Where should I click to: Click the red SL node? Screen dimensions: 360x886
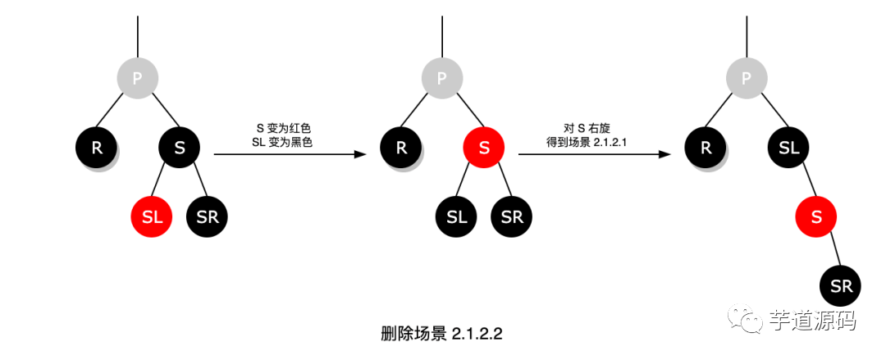click(152, 217)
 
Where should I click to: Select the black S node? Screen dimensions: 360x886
click(180, 148)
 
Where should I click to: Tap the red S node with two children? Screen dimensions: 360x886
click(484, 148)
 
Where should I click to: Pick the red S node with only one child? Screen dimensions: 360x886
click(815, 217)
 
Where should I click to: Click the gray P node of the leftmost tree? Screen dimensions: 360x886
click(138, 78)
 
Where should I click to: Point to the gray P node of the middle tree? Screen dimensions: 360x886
click(442, 78)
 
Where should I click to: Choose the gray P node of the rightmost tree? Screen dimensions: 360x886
click(747, 78)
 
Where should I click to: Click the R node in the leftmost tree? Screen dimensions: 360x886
click(97, 148)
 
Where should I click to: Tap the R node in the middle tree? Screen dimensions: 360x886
click(401, 148)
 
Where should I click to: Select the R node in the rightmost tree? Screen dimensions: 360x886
click(706, 148)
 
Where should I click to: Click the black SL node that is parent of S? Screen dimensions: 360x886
click(788, 148)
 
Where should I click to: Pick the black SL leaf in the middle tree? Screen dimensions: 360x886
click(456, 217)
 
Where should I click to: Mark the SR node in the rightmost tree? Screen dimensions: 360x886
click(841, 286)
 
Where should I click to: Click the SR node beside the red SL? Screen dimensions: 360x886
click(208, 217)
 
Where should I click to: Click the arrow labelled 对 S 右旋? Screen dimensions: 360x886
click(590, 153)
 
